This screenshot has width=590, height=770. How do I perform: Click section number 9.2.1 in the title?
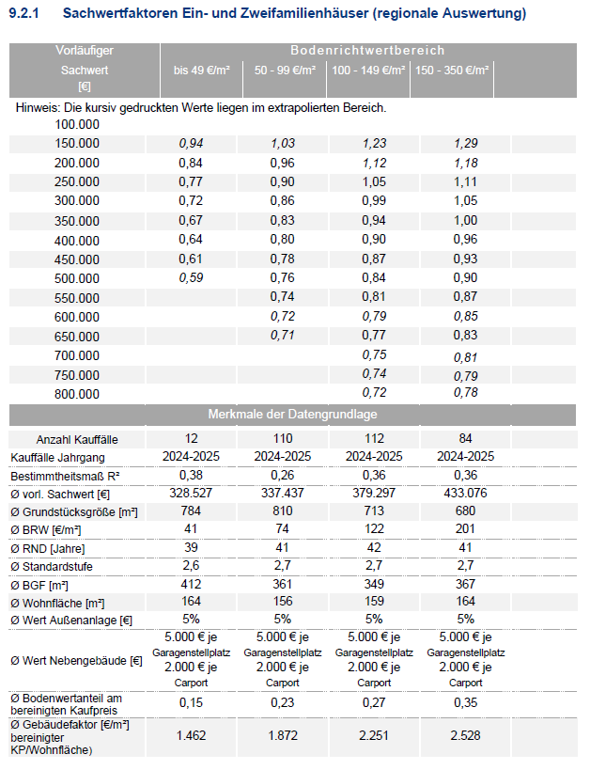coord(24,13)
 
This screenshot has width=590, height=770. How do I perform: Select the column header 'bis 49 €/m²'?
coord(201,71)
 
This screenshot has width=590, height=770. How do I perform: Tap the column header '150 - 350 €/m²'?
coord(452,71)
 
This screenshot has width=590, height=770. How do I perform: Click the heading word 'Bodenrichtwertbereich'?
coord(367,50)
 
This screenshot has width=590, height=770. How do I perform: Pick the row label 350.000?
coord(77,221)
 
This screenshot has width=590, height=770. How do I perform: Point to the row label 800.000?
coord(77,394)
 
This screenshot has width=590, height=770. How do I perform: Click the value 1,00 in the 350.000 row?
coord(465,221)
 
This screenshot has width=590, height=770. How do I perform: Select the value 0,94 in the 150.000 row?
coord(191,144)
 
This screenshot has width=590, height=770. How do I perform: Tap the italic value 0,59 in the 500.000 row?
coord(191,278)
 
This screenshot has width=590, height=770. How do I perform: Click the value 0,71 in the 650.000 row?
coord(282,336)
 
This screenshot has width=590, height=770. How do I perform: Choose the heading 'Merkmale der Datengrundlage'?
coord(292,414)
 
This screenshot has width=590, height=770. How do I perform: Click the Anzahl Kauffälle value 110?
coord(282,438)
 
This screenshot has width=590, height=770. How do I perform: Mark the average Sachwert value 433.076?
coord(465,493)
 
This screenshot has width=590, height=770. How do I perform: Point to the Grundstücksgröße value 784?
coord(191,511)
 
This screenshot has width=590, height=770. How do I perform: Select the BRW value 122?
coord(374,529)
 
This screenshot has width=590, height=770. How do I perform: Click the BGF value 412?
coord(191,584)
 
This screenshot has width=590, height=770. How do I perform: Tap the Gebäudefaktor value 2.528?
coord(465,735)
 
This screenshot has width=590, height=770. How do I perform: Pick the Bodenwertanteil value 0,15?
coord(191,702)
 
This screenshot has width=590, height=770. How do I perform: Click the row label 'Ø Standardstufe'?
coord(52,566)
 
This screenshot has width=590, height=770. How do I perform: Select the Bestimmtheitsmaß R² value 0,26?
coord(282,475)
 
